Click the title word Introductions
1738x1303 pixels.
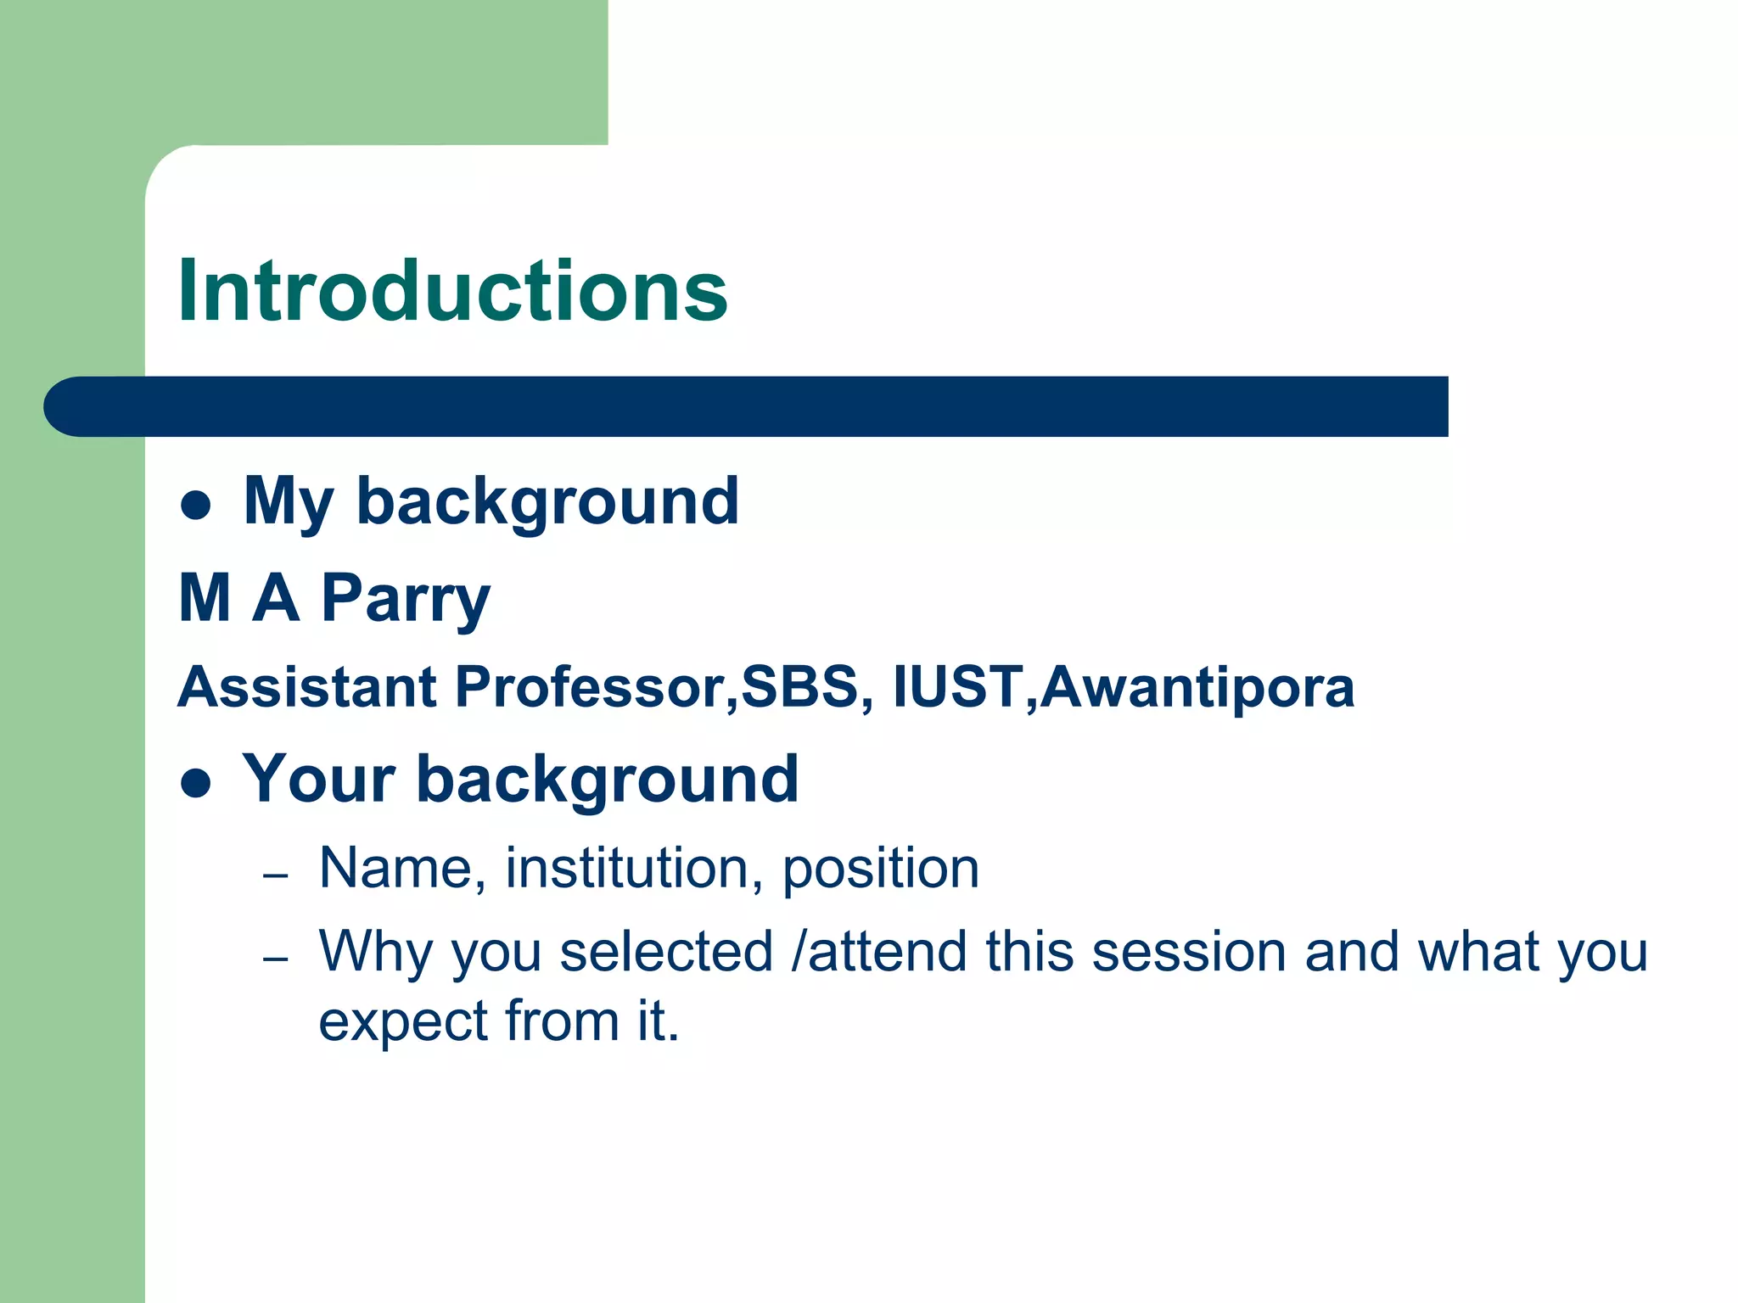452,292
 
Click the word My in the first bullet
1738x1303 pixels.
288,502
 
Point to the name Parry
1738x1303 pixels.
406,599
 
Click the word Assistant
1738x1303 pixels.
307,686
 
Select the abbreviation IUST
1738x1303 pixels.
957,686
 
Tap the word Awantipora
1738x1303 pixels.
1197,687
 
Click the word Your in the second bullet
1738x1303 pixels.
319,779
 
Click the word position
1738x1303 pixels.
880,870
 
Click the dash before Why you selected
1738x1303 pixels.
276,959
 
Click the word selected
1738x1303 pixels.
666,952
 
